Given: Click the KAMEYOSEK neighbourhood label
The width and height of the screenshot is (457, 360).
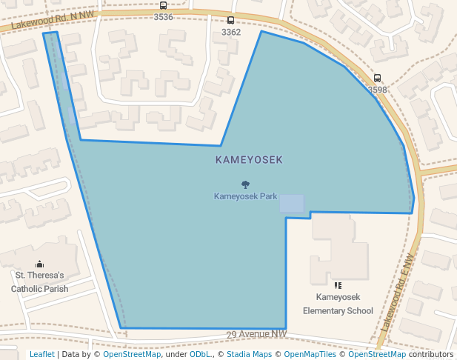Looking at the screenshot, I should click(x=249, y=159).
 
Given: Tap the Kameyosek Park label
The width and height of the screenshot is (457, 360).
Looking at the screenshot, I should click(x=245, y=196).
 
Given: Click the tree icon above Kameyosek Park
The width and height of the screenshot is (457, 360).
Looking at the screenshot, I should click(x=245, y=184).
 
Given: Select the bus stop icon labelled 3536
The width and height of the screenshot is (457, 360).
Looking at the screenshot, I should click(x=163, y=6).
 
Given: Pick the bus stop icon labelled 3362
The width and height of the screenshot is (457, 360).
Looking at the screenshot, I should click(x=230, y=21).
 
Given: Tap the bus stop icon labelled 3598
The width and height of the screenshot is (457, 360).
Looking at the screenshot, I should click(x=377, y=78).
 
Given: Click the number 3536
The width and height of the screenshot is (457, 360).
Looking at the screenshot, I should click(x=163, y=17).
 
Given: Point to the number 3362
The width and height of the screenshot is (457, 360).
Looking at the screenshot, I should click(x=231, y=32).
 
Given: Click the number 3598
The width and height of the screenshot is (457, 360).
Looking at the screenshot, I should click(x=377, y=90).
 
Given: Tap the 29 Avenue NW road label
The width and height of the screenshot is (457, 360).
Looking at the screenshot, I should click(x=256, y=335).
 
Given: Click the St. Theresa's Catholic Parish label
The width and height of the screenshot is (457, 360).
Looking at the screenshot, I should click(x=40, y=282).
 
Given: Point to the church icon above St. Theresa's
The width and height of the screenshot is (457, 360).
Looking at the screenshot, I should click(x=39, y=264).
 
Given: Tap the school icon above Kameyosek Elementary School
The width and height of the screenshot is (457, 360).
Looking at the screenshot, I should click(x=338, y=285).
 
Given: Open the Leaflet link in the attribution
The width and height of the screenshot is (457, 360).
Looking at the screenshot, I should click(x=41, y=354).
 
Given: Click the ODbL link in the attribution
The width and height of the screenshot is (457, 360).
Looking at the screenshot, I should click(x=199, y=354).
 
